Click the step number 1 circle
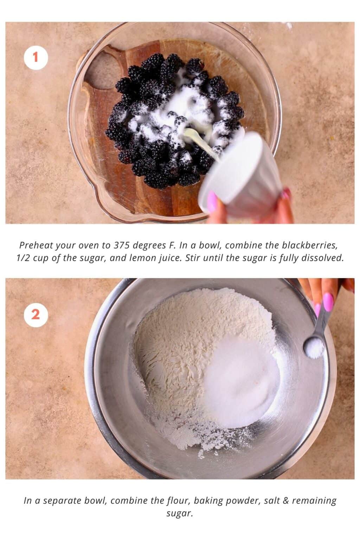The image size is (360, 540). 36,58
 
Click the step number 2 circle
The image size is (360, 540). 36,315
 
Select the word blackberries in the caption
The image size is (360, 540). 309,245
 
